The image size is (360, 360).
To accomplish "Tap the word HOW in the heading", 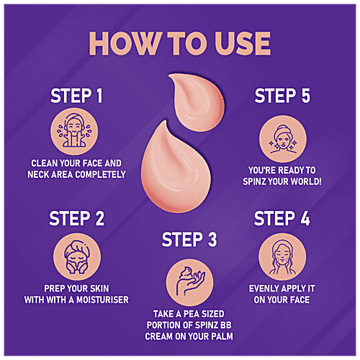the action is coord(125,43).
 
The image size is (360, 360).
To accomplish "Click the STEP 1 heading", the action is coord(76,96).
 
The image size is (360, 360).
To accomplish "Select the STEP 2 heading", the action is coord(77,218).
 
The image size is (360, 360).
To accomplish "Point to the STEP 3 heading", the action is coord(189,239).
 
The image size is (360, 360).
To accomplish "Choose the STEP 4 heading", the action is coord(282,218).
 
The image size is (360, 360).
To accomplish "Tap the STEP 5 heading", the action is coord(282,96).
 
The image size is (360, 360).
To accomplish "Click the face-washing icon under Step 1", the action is coord(74,132).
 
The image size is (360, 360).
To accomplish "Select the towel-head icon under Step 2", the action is coord(77,257).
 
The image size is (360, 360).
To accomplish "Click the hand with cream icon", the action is coord(189,282).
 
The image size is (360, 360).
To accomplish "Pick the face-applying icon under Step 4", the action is coord(282,257).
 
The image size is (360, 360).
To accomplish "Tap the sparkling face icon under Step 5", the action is coord(283,139).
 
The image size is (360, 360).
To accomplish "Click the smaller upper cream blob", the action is coord(197,102).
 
